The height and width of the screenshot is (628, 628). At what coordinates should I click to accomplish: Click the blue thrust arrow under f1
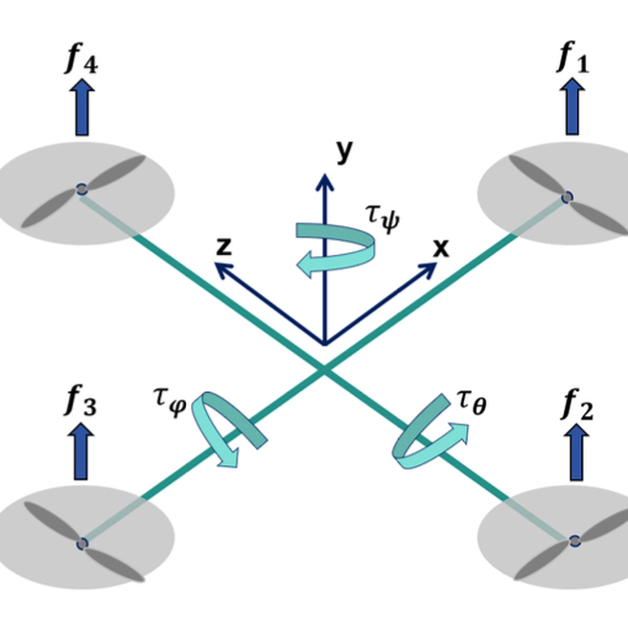573,106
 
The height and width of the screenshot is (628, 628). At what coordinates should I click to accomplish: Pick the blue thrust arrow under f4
81,107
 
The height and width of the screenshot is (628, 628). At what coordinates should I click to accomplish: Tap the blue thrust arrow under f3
81,454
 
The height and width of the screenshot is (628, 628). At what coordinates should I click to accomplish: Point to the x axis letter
440,247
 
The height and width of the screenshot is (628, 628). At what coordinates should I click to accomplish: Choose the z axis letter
223,245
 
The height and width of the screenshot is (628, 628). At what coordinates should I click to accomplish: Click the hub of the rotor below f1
567,197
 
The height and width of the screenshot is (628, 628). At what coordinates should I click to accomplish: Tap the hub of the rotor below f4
81,188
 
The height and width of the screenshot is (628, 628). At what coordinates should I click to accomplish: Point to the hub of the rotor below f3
81,544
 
